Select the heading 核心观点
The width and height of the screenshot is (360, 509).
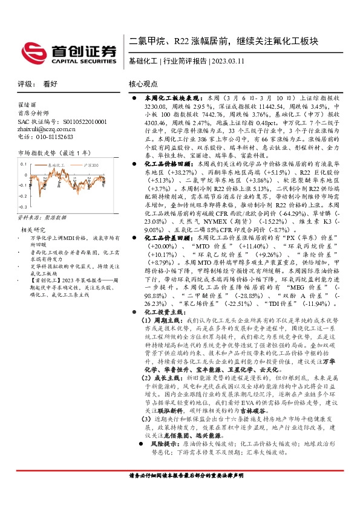[143, 85]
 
